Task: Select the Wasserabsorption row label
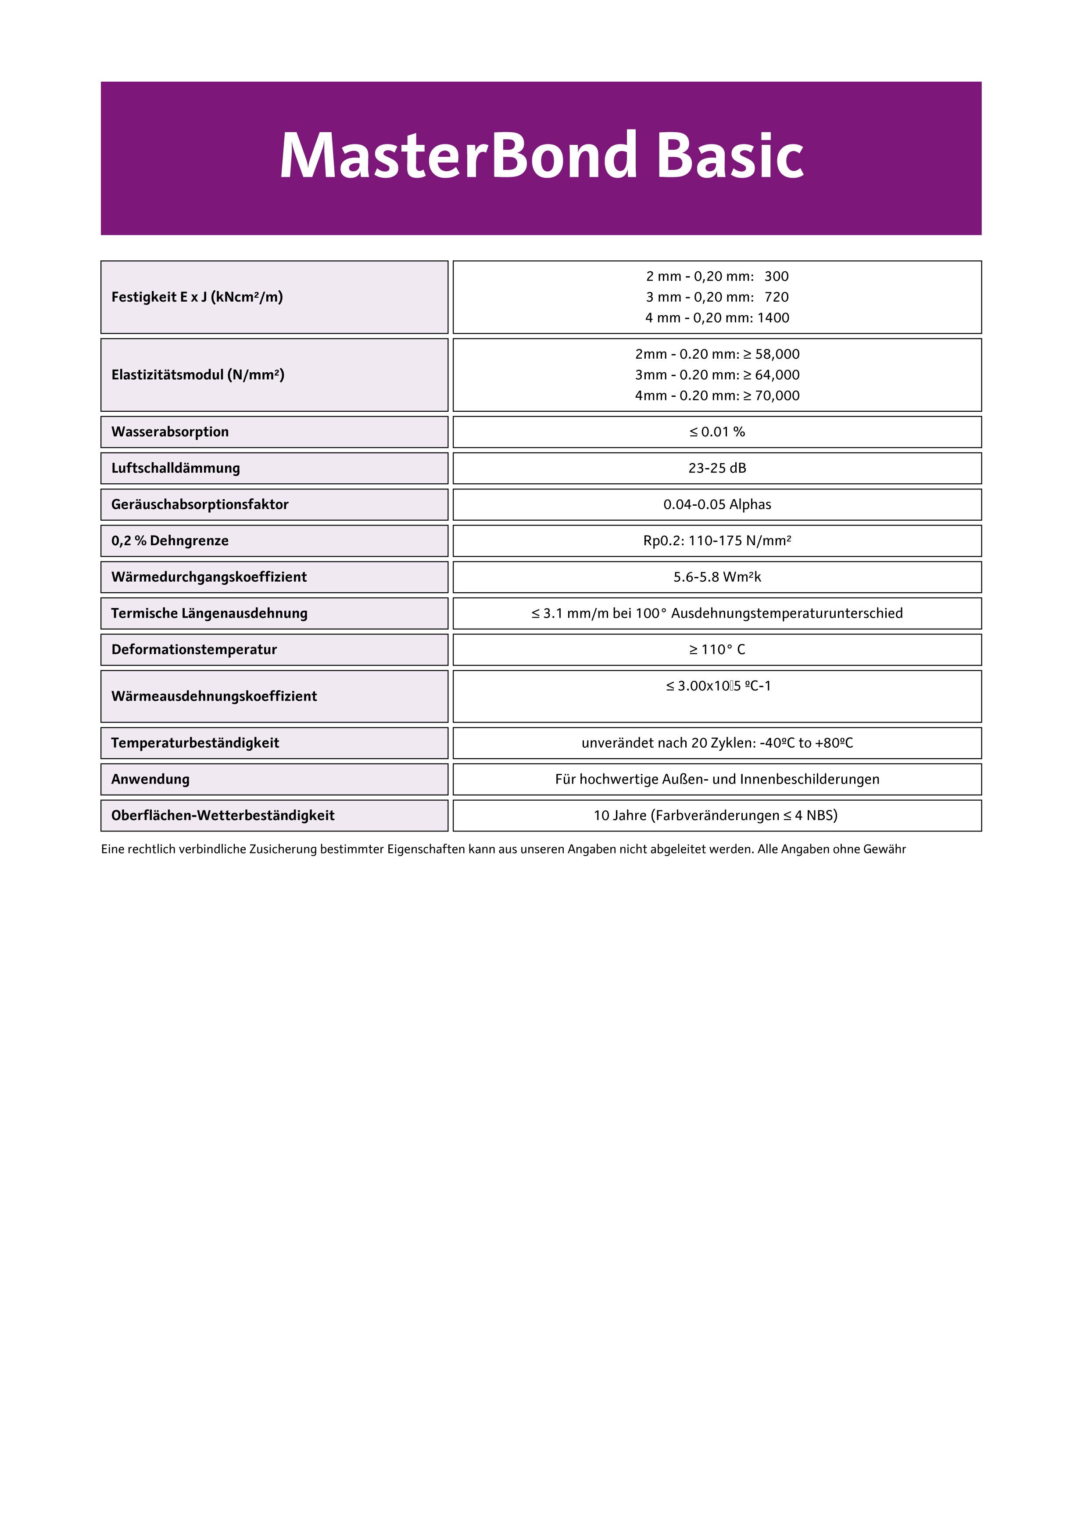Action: click(x=170, y=432)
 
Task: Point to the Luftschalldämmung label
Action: click(x=175, y=468)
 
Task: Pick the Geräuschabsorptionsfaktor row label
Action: click(x=200, y=504)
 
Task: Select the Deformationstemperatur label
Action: click(x=194, y=649)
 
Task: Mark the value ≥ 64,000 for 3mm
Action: click(x=772, y=375)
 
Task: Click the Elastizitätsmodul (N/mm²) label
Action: click(x=198, y=375)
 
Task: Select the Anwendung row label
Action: click(x=150, y=779)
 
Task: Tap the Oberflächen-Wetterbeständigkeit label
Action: click(x=222, y=816)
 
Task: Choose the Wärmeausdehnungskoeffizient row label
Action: click(x=214, y=696)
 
